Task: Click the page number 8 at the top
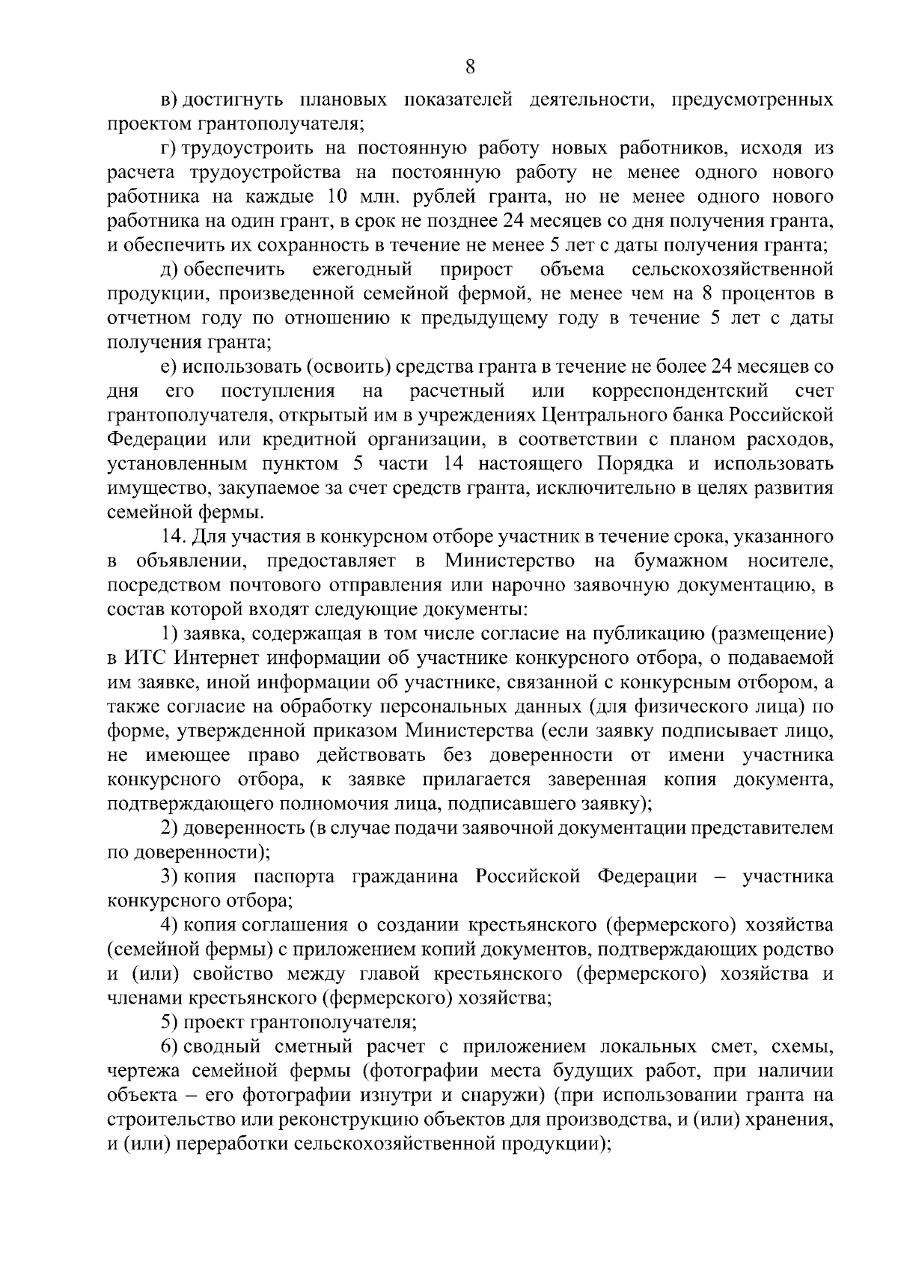470,67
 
